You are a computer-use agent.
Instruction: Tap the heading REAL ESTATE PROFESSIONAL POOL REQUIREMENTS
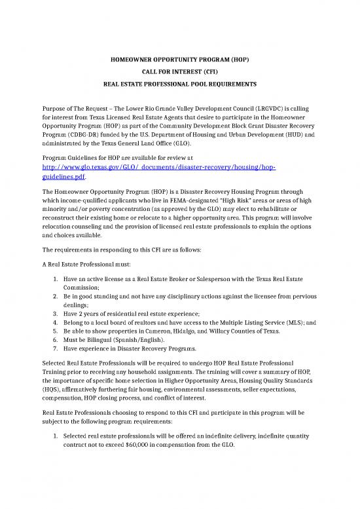tap(179, 85)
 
